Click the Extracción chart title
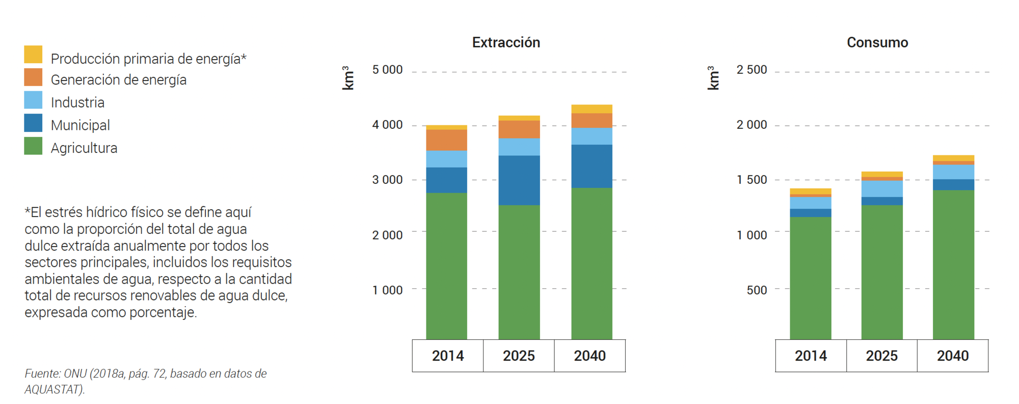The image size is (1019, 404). (x=506, y=42)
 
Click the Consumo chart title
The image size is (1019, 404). (x=877, y=42)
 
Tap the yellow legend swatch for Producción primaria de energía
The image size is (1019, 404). (x=33, y=55)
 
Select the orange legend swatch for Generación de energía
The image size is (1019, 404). (x=33, y=77)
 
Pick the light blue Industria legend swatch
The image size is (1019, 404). (x=33, y=100)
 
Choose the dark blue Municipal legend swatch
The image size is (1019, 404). (x=33, y=123)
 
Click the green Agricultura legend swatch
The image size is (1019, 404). (x=33, y=146)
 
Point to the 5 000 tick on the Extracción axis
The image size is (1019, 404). (x=387, y=70)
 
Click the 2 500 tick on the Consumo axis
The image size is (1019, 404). (x=752, y=70)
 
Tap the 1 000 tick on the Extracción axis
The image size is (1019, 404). (x=387, y=290)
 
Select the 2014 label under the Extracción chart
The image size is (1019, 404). (x=447, y=356)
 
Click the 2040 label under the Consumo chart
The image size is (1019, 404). (x=952, y=356)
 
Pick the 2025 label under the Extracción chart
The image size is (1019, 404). (x=519, y=356)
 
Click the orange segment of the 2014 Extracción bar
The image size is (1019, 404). (x=446, y=140)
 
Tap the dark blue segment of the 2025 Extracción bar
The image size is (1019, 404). (x=519, y=180)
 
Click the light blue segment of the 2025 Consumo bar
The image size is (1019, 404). (x=881, y=189)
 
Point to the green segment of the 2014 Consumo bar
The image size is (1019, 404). (x=810, y=278)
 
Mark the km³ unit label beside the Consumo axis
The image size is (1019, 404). (x=713, y=78)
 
